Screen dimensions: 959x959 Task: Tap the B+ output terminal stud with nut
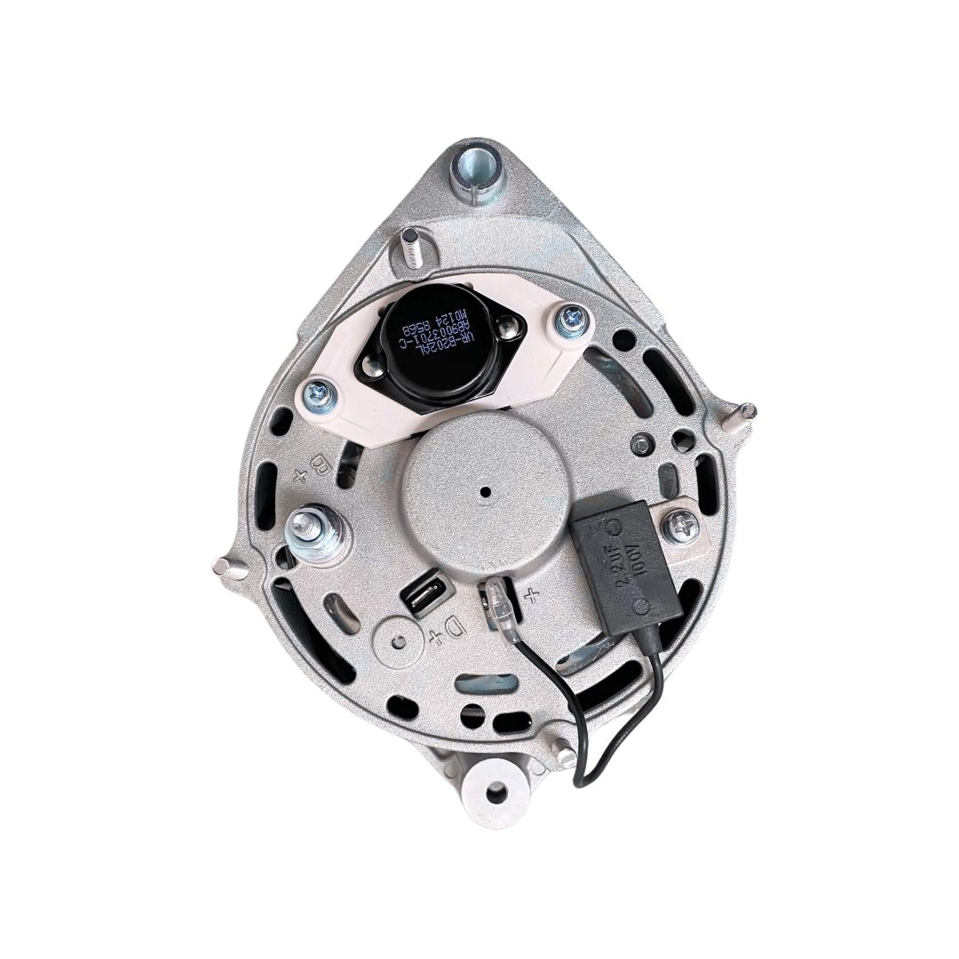pos(314,529)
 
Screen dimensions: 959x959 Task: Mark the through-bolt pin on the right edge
pos(745,412)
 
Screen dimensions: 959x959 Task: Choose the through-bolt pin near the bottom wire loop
pos(565,755)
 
